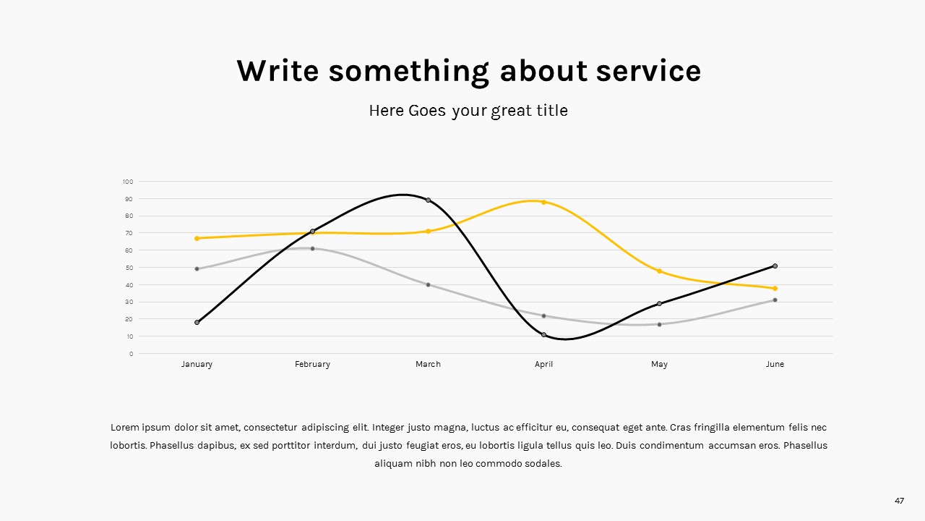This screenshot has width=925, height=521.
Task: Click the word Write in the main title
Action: (277, 71)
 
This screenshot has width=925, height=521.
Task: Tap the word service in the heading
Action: (648, 71)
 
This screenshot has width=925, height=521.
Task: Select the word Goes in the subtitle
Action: (427, 111)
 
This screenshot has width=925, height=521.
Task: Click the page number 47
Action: (900, 501)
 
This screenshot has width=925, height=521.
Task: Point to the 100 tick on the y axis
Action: (128, 182)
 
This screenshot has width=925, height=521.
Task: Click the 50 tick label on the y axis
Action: (129, 268)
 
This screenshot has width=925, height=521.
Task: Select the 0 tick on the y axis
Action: (132, 354)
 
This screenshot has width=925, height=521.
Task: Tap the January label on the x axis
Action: (197, 364)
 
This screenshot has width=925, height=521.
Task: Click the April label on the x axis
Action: (543, 364)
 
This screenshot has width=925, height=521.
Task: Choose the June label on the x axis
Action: (775, 364)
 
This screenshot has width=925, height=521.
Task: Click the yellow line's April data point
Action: (543, 202)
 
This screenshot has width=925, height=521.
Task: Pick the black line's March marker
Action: (428, 200)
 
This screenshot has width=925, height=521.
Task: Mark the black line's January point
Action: (197, 323)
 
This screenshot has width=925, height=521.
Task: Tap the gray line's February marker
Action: (312, 248)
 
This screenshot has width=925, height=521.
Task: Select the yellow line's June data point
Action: (775, 288)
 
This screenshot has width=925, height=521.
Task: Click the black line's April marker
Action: (543, 335)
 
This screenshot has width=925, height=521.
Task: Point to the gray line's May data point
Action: (659, 325)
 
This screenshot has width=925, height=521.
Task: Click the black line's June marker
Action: (775, 266)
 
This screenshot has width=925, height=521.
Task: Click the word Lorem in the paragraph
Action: (124, 427)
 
